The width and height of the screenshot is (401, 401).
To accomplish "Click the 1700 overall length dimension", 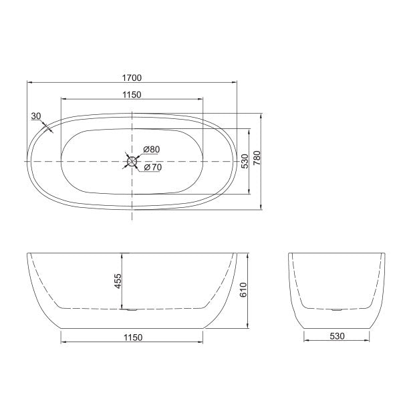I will tap(132, 77).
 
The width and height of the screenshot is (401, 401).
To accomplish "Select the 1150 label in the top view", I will tap(132, 95).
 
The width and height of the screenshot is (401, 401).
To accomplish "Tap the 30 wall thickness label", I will tap(36, 116).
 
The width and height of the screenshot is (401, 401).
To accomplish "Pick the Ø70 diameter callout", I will tap(152, 167).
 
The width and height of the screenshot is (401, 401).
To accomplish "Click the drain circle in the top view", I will tap(132, 160).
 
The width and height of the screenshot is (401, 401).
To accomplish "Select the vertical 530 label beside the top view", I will tap(245, 160).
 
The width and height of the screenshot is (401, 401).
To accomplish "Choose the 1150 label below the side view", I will tap(132, 338).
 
